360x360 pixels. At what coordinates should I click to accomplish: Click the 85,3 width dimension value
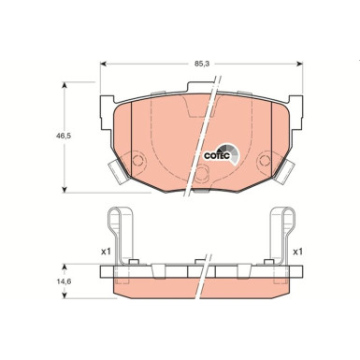point(201,65)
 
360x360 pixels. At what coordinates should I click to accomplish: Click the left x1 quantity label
point(80,252)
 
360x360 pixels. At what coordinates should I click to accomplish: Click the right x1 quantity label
point(297,252)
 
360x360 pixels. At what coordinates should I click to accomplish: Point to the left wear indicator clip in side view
point(121,238)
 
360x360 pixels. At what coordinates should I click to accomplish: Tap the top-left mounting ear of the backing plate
point(109,98)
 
